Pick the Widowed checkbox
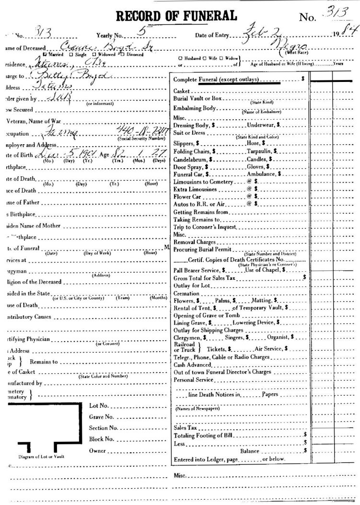point(95,54)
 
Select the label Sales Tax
point(185,427)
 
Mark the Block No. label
point(101,438)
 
